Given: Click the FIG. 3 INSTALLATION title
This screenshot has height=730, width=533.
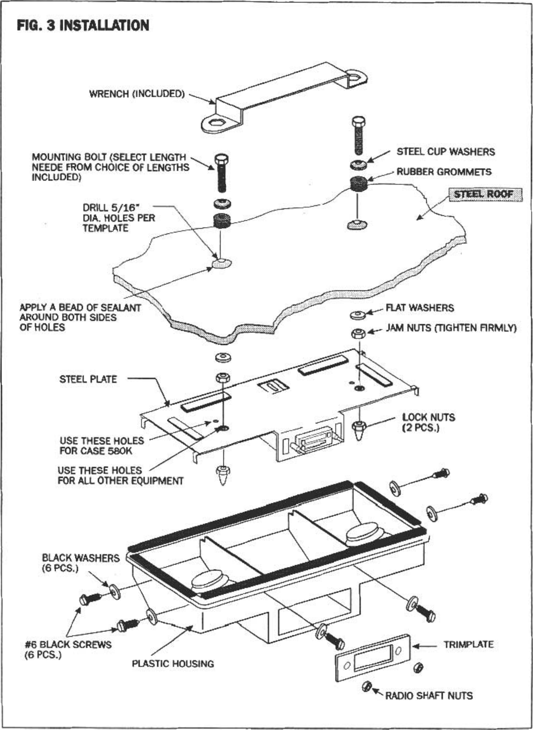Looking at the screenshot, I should coord(83,26).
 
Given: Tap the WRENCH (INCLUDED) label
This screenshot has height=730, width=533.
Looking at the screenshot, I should coord(137,93).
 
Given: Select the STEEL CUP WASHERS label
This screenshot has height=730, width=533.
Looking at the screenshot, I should coord(445,152).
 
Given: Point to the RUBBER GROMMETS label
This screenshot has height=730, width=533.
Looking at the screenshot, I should coord(444,172).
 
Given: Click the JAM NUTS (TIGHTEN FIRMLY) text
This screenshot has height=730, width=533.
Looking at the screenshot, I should coord(451,328).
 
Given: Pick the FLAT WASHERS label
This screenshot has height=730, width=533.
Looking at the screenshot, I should coord(419,308).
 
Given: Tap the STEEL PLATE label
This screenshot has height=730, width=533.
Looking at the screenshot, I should coord(88,379).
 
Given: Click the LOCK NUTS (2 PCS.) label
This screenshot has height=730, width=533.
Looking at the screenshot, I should coord(428,422).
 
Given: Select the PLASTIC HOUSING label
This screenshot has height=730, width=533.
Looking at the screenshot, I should coord(172,664).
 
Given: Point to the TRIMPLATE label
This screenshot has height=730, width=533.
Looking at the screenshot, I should coord(468,645).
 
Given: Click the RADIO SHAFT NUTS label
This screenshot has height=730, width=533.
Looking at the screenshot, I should coord(429,696).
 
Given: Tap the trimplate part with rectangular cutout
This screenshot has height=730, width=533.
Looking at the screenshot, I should coord(372,657).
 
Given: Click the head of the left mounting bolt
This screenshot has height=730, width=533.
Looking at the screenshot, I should coord(221,159).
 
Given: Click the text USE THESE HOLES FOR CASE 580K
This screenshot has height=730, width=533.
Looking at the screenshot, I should coord(102,446).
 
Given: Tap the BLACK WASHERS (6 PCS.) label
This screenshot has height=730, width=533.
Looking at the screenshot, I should coord(80,563).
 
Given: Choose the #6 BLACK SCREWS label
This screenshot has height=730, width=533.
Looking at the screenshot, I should coord(68,650).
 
